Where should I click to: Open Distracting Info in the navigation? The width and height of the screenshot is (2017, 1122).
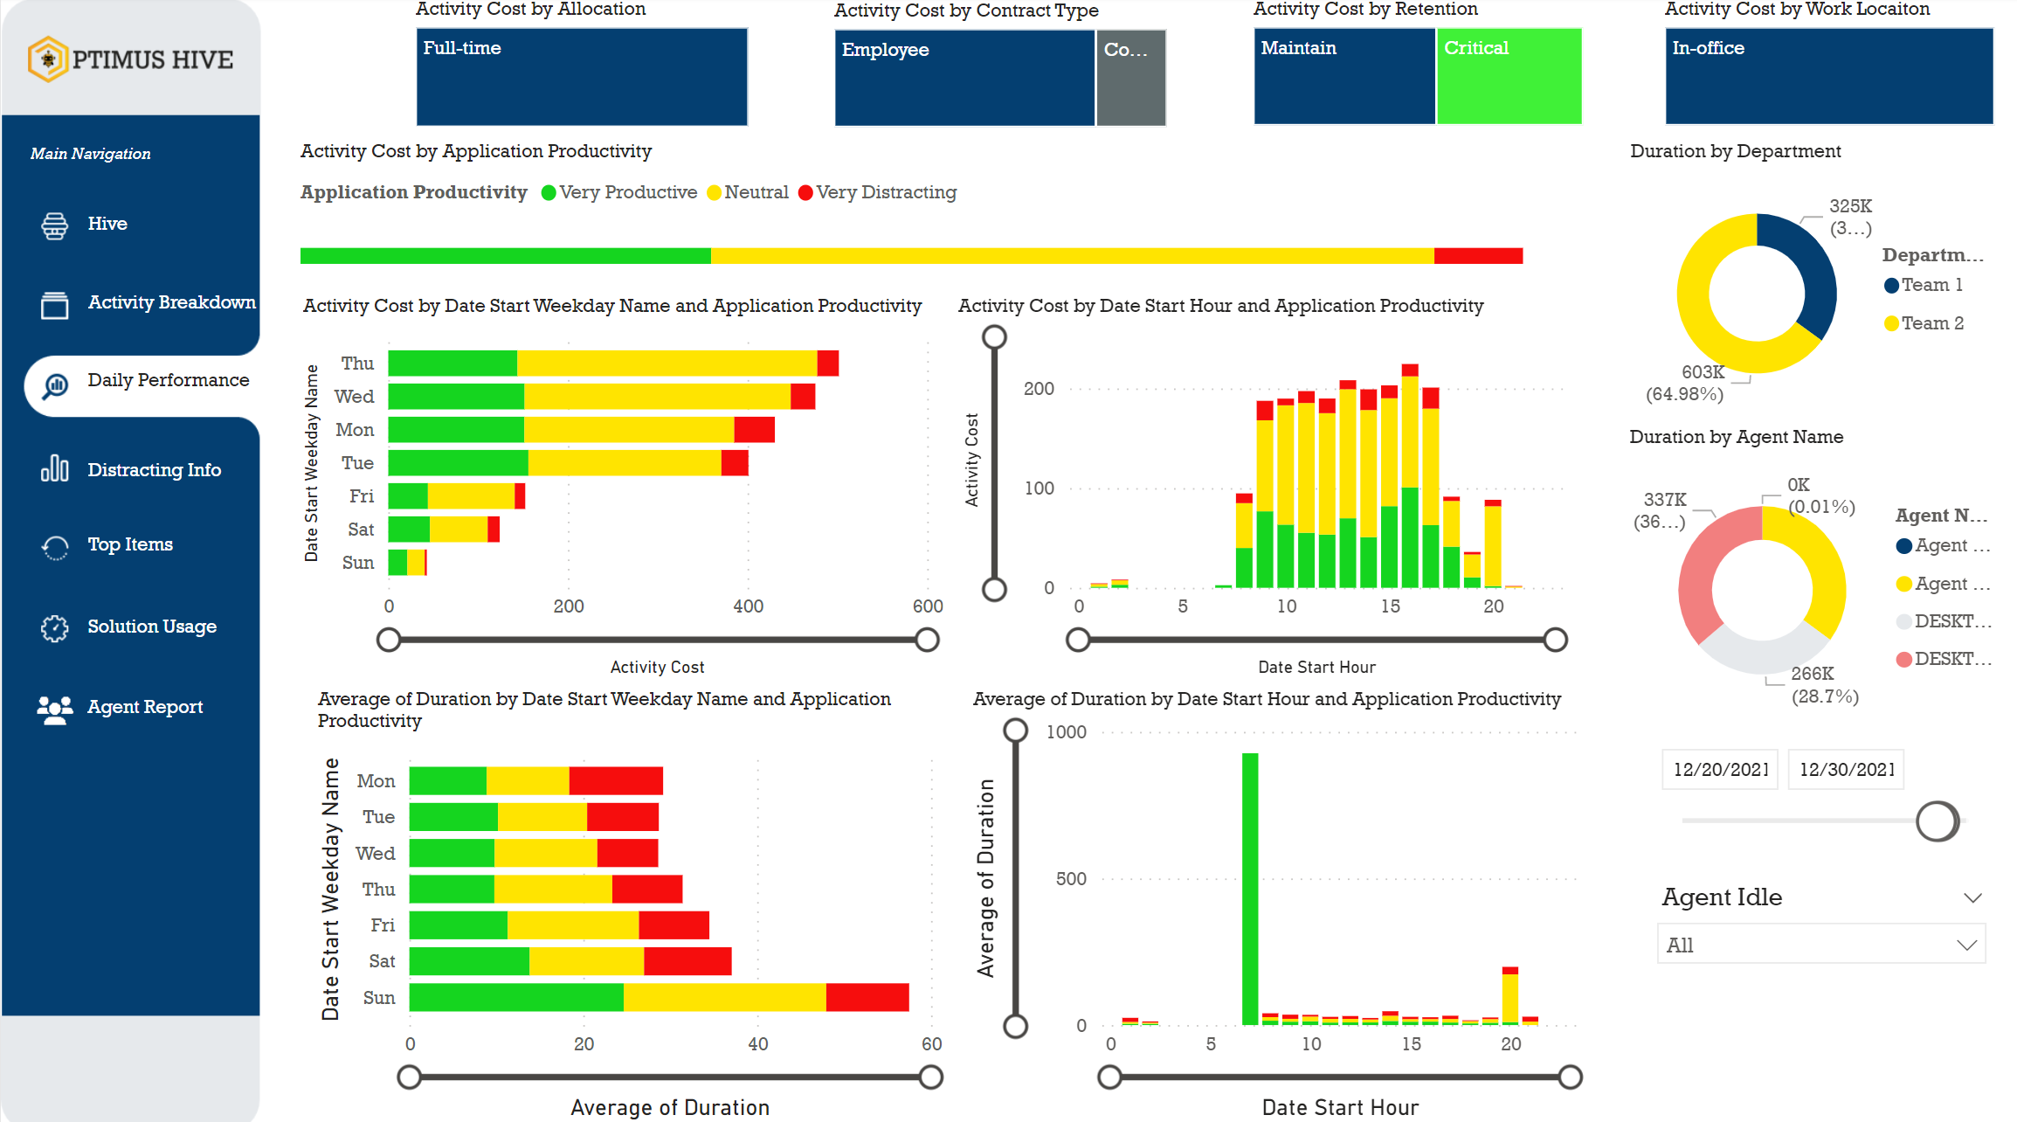(153, 470)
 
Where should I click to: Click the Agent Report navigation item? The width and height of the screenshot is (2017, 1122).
(144, 707)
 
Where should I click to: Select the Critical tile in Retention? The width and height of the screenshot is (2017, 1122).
(1509, 76)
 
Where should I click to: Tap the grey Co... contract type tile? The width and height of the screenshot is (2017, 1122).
(1130, 78)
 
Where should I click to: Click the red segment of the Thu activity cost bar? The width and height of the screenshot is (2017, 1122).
(828, 364)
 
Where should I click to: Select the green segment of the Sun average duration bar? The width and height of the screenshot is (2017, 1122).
(515, 997)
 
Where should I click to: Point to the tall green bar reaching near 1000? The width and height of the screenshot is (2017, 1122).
(1250, 887)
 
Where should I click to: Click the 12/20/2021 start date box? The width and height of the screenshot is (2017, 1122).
(1720, 770)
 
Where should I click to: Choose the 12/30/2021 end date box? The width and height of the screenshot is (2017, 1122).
(1846, 770)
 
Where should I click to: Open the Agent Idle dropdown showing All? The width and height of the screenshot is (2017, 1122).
(1820, 945)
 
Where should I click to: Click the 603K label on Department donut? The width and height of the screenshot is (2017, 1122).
(1703, 372)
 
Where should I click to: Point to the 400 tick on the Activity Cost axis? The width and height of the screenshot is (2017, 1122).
(748, 606)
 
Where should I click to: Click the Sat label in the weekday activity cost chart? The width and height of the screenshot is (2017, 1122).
(360, 530)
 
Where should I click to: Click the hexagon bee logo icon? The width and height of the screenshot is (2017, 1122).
(48, 59)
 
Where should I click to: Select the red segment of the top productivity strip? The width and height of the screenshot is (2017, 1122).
(1478, 256)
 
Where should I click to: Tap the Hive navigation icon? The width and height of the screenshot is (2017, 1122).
(54, 225)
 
